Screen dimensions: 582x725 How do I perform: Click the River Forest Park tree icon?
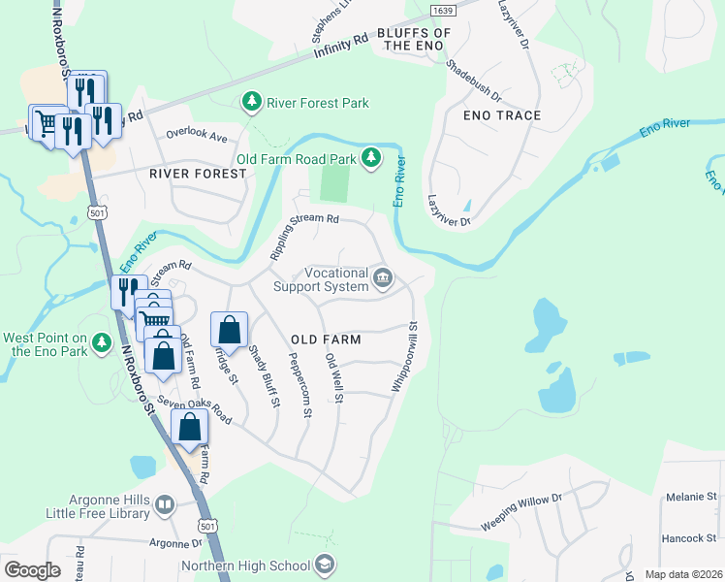pyautogui.click(x=251, y=101)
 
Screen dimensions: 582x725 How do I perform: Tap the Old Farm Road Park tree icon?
pyautogui.click(x=370, y=157)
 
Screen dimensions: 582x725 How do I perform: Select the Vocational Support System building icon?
pyautogui.click(x=383, y=279)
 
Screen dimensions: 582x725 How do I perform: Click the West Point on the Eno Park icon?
pyautogui.click(x=100, y=343)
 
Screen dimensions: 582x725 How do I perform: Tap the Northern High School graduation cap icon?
pyautogui.click(x=325, y=566)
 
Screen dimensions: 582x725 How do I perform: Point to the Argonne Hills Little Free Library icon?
pyautogui.click(x=165, y=504)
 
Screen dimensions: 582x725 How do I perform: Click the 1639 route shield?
pyautogui.click(x=442, y=9)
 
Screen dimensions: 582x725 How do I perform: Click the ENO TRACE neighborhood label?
pyautogui.click(x=502, y=115)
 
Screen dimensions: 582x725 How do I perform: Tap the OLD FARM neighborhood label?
pyautogui.click(x=326, y=339)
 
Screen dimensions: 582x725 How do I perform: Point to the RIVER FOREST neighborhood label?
pyautogui.click(x=199, y=174)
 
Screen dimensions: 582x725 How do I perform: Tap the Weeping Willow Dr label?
pyautogui.click(x=520, y=512)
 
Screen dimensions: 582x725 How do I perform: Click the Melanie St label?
pyautogui.click(x=691, y=497)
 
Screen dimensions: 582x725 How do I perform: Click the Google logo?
pyautogui.click(x=32, y=569)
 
